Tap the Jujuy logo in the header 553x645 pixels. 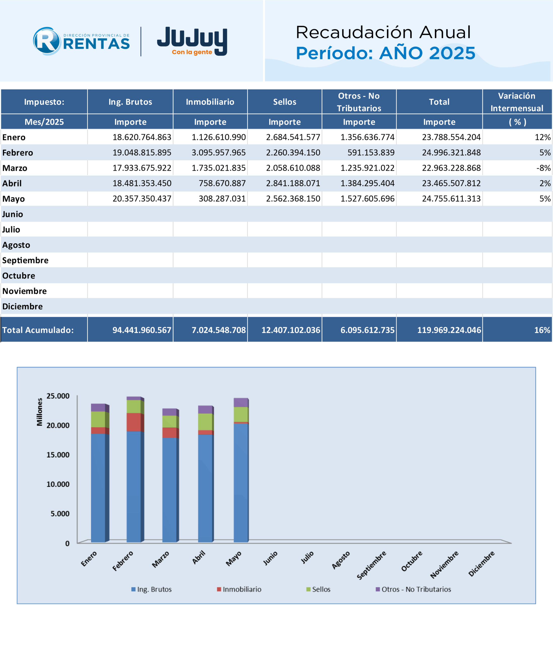[192, 41]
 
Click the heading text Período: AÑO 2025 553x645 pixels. [385, 53]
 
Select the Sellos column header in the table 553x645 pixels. [284, 102]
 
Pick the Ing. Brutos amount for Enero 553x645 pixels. [142, 137]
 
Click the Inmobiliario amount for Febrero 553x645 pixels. [218, 152]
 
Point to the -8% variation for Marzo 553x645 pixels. [543, 168]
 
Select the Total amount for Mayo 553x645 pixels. [451, 199]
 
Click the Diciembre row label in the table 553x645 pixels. [22, 306]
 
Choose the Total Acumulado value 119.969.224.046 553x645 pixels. [449, 330]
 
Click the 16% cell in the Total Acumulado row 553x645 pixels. [542, 330]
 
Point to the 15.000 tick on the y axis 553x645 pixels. [58, 455]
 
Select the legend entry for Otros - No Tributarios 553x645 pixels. [413, 589]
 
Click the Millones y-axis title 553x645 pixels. [40, 412]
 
